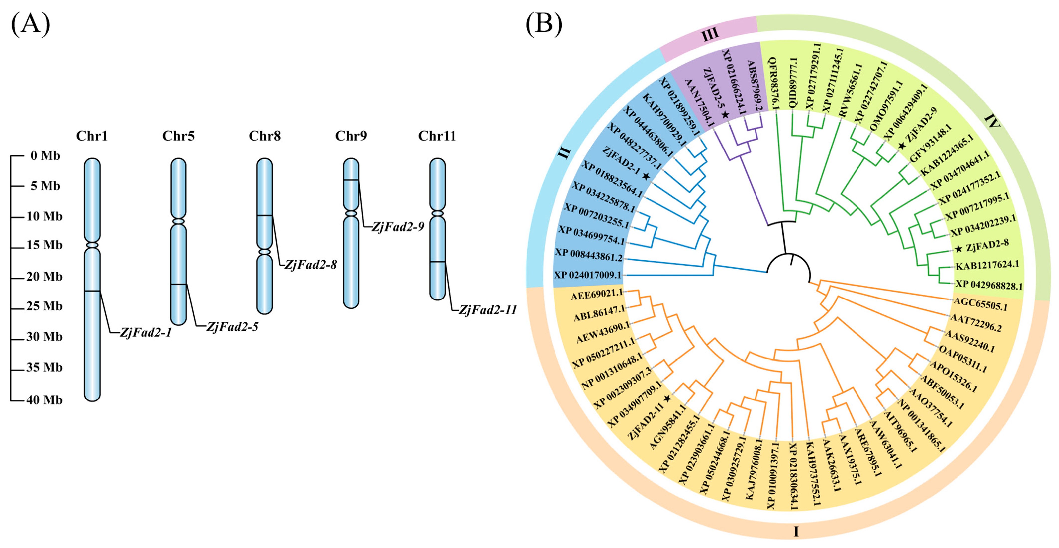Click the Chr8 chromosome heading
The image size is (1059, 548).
click(x=265, y=136)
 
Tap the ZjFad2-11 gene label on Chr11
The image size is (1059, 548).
click(x=488, y=310)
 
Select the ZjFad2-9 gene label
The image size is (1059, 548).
click(x=398, y=227)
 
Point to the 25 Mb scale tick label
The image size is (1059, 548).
click(x=44, y=306)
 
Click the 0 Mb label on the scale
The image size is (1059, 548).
click(x=45, y=156)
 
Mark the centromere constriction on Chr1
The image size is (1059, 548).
click(x=92, y=245)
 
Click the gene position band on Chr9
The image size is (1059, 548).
click(x=351, y=180)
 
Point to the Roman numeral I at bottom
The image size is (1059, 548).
click(x=796, y=532)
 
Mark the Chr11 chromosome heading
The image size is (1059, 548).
click(x=437, y=136)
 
